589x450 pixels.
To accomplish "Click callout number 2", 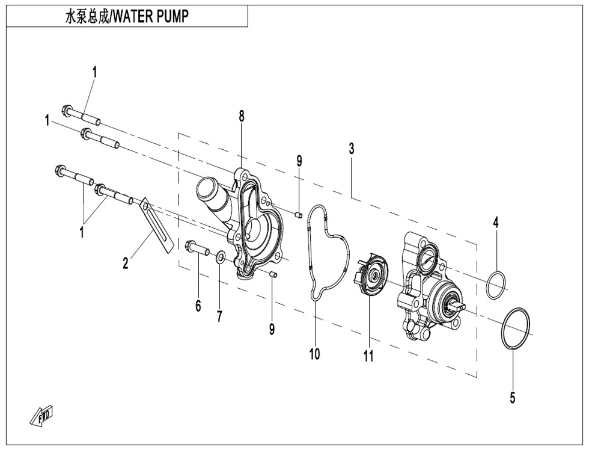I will [x=126, y=263].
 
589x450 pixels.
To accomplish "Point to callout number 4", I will [x=496, y=222].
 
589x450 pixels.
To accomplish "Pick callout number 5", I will [x=512, y=398].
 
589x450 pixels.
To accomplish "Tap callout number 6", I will [x=198, y=306].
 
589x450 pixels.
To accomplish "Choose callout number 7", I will [x=219, y=316].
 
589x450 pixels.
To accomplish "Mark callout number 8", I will [x=242, y=116].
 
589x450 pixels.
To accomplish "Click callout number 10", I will [x=314, y=354].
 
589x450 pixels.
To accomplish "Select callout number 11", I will [x=368, y=356].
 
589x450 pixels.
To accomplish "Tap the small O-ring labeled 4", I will [x=496, y=285].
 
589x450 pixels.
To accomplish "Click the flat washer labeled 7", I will [x=221, y=258].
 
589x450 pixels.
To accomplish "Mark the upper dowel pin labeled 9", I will [x=298, y=211].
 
